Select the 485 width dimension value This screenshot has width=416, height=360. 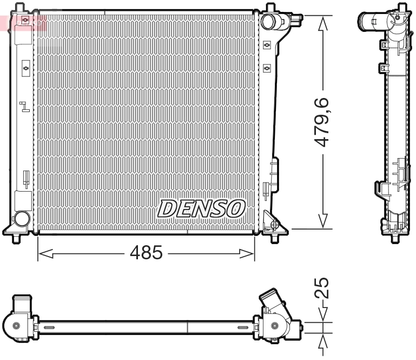pyautogui.click(x=146, y=252)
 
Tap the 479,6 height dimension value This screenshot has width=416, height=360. pyautogui.click(x=323, y=122)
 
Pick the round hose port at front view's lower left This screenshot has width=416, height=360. pyautogui.click(x=22, y=219)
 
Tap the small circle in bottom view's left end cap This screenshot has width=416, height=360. pyautogui.click(x=16, y=325)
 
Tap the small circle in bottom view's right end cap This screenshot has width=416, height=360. pyautogui.click(x=276, y=325)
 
